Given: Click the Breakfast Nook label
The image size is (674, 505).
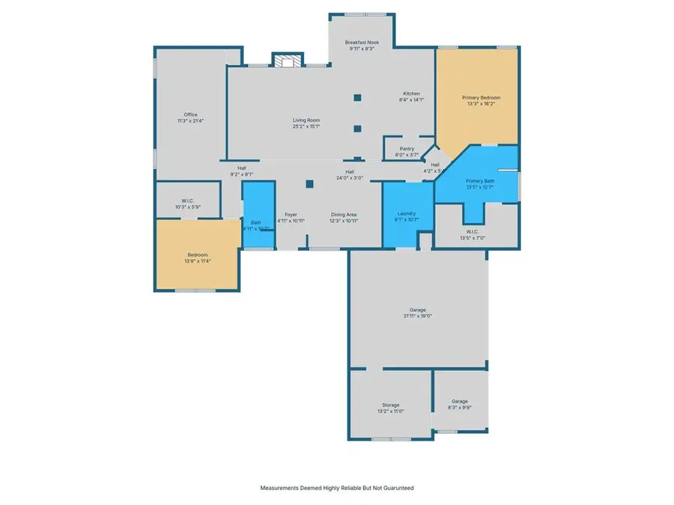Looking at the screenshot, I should [x=362, y=43].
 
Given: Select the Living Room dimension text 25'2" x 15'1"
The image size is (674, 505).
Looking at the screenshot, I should [x=306, y=126].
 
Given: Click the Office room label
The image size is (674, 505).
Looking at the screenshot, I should [x=191, y=114].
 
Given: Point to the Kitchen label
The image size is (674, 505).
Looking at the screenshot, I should [x=411, y=94].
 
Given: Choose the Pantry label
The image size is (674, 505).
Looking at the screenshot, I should [x=407, y=149].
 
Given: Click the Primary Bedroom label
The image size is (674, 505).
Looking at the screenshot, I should [x=481, y=98].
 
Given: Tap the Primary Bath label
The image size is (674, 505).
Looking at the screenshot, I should [x=479, y=181].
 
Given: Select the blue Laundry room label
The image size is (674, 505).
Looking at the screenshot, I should [x=407, y=213].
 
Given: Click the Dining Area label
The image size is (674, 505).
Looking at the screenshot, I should [x=344, y=214].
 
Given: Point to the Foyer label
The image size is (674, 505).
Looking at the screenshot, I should [x=291, y=214].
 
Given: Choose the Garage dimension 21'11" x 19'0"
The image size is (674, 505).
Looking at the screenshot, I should [x=417, y=316].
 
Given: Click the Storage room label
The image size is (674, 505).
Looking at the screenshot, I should [x=389, y=404].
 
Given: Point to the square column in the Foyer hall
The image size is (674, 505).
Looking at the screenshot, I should [x=309, y=184].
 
